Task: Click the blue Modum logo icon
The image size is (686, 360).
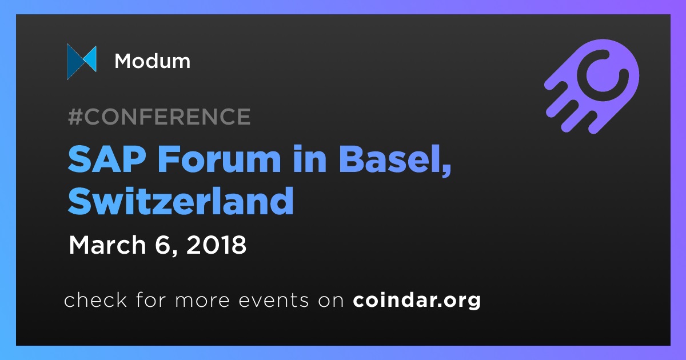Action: click(x=82, y=62)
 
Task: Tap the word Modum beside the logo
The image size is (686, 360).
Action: click(x=153, y=61)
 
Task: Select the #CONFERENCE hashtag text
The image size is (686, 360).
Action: click(x=159, y=117)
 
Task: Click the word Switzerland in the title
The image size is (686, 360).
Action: click(x=181, y=201)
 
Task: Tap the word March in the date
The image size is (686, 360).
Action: click(x=107, y=245)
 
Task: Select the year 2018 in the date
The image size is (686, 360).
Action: click(x=216, y=245)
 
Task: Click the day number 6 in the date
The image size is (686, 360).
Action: click(x=162, y=245)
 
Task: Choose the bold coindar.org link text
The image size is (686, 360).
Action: click(x=417, y=301)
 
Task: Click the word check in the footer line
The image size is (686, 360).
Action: click(x=95, y=299)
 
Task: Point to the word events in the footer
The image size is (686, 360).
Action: click(x=274, y=301)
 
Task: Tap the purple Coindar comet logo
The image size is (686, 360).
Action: click(x=592, y=86)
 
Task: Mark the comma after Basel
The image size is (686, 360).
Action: click(x=447, y=170)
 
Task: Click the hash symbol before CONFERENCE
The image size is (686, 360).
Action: click(x=75, y=117)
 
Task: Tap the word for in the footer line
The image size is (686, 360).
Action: click(x=151, y=299)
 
